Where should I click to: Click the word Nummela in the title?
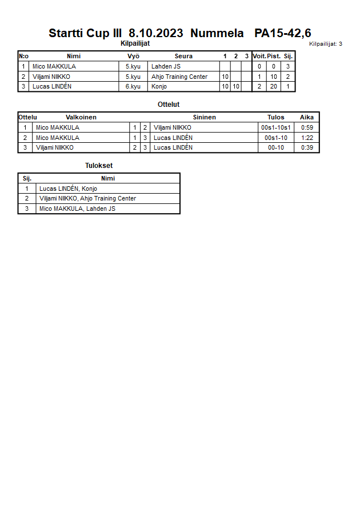pyautogui.click(x=217, y=33)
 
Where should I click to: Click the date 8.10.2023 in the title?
pyautogui.click(x=156, y=33)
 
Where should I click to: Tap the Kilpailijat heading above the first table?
pyautogui.click(x=135, y=43)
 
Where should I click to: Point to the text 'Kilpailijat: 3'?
pyautogui.click(x=326, y=44)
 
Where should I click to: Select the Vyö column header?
pyautogui.click(x=133, y=56)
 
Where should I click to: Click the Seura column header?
pyautogui.click(x=183, y=56)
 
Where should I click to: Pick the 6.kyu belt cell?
pyautogui.click(x=133, y=86)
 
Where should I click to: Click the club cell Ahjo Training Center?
pyautogui.click(x=179, y=77)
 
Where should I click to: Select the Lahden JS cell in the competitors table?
pyautogui.click(x=166, y=66)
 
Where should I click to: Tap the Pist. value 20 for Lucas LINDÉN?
pyautogui.click(x=274, y=86)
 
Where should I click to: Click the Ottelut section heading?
pyautogui.click(x=169, y=105)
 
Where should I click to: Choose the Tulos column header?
pyautogui.click(x=276, y=117)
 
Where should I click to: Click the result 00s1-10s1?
pyautogui.click(x=276, y=127)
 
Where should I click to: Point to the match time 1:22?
pyautogui.click(x=307, y=138)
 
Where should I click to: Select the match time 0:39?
pyautogui.click(x=307, y=147)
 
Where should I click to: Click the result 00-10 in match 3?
pyautogui.click(x=276, y=147)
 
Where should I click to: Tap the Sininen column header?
pyautogui.click(x=204, y=117)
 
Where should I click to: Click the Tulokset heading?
pyautogui.click(x=99, y=166)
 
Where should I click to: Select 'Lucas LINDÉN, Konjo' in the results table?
pyautogui.click(x=68, y=189)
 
